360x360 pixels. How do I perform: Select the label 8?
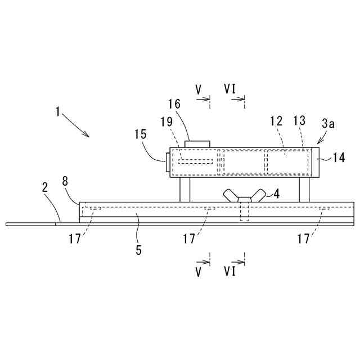[65, 181]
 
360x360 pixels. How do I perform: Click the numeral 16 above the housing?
[174, 105]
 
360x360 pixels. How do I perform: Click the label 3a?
[329, 123]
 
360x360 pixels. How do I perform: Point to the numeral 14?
[339, 159]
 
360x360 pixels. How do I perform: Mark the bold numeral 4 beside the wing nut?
[276, 194]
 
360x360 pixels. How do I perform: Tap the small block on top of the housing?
[197, 144]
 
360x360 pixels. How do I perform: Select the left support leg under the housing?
[185, 190]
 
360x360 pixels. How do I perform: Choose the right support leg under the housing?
[304, 190]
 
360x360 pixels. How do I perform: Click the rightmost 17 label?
[304, 239]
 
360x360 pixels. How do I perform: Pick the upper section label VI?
[229, 89]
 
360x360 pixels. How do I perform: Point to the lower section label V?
[199, 272]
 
